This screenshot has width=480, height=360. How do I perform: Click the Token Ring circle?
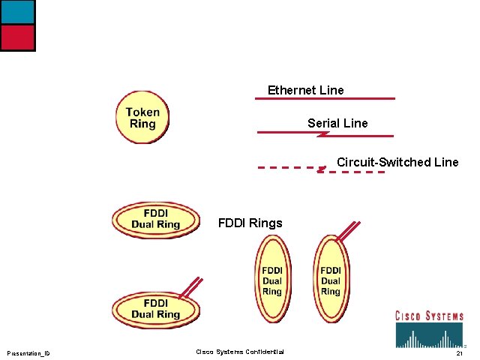coord(142,118)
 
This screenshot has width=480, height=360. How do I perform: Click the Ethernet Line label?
coord(305,91)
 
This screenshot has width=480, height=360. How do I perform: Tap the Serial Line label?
coord(337,123)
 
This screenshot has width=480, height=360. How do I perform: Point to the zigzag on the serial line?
coord(323,134)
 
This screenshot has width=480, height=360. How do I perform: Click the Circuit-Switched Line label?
coord(397,162)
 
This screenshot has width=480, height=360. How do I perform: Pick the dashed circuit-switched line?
coord(285,167)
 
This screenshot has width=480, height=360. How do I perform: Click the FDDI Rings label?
coord(250,223)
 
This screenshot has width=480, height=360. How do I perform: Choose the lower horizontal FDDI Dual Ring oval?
coord(156,309)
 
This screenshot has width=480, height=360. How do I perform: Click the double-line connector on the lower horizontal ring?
coord(191,286)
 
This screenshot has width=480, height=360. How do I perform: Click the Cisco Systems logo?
coord(429,328)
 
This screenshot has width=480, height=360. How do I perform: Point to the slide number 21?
coord(459,353)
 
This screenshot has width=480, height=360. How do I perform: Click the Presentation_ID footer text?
coord(28,353)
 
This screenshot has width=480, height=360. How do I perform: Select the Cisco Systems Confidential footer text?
coord(240,352)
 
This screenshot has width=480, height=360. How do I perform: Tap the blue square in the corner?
coord(17,11)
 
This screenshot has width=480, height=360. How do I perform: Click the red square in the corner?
coord(17,37)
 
